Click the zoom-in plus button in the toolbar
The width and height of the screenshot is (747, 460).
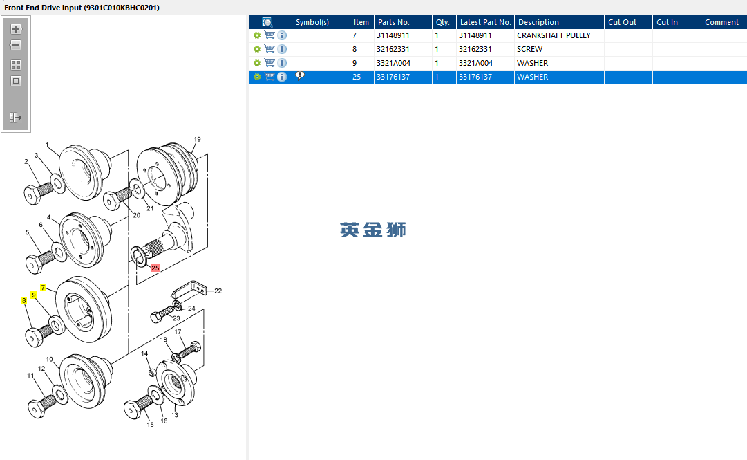point(16,29)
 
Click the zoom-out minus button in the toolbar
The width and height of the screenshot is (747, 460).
point(16,45)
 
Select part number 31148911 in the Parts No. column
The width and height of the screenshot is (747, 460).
point(393,35)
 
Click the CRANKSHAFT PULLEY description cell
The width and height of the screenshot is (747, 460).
point(554,35)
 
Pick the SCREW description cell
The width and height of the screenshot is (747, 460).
point(530,49)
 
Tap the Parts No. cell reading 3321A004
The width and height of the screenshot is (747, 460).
point(393,63)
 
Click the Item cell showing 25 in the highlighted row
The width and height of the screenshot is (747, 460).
point(357,77)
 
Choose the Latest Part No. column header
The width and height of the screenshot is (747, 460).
point(486,22)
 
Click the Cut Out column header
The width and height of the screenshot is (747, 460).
point(622,22)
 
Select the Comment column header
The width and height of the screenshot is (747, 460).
point(721,22)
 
